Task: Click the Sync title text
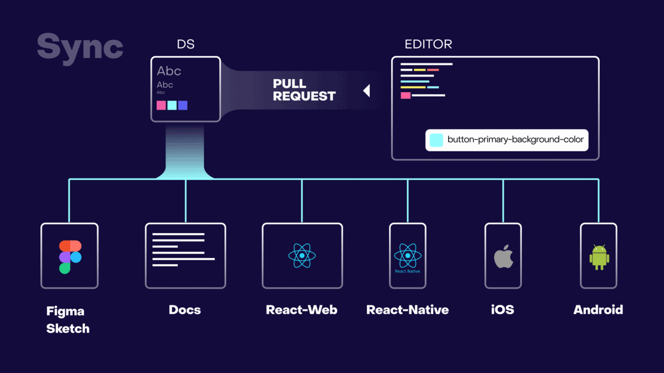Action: (80, 46)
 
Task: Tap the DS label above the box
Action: (185, 44)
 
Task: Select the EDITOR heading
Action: (428, 44)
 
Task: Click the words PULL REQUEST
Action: (304, 90)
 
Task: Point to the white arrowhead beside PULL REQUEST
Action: (366, 91)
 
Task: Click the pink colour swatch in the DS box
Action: (161, 105)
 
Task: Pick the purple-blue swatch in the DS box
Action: (183, 105)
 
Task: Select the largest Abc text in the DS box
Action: (169, 71)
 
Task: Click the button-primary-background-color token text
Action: (515, 140)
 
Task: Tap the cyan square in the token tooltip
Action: (437, 140)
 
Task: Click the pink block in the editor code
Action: (406, 96)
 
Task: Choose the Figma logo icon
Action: (70, 257)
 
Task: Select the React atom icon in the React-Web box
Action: (302, 256)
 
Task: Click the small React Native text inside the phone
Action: (407, 271)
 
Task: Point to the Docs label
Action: (185, 309)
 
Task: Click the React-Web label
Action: (302, 309)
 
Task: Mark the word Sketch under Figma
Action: (68, 329)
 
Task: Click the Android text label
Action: (598, 309)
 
